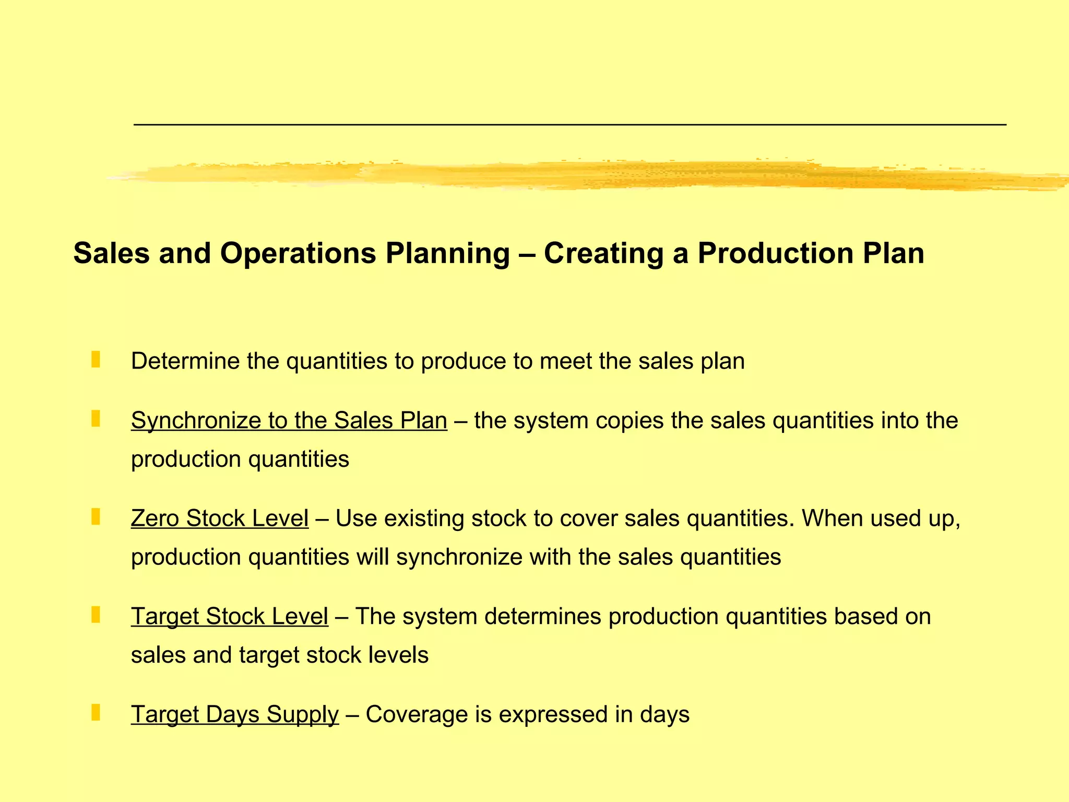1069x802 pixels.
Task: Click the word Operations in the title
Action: tap(298, 254)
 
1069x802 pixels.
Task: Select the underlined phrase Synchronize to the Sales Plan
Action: tap(289, 421)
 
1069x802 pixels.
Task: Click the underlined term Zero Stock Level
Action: tap(220, 518)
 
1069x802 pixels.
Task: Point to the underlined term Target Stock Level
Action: tap(230, 617)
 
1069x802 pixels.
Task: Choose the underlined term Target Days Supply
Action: tap(235, 714)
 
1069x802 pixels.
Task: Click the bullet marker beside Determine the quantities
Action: tap(96, 360)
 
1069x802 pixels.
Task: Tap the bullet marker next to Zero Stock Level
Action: tap(96, 517)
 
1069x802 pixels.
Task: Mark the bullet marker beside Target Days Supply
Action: tap(96, 713)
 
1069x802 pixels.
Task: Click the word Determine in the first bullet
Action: tap(185, 361)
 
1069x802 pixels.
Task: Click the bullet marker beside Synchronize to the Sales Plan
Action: tap(96, 419)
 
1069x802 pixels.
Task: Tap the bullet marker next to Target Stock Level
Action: tap(96, 615)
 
